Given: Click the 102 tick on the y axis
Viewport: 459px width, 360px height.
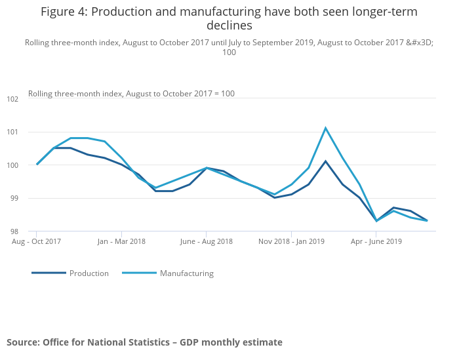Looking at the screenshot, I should tap(12, 99).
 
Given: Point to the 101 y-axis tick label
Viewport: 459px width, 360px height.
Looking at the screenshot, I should tap(12, 132).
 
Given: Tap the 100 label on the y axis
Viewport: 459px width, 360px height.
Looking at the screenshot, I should tap(12, 165).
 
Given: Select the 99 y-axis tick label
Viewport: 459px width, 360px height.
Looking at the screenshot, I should tap(14, 198).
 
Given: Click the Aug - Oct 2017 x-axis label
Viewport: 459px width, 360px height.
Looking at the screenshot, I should tap(37, 241).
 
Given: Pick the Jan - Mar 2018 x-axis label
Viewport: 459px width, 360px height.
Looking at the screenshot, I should tap(121, 241).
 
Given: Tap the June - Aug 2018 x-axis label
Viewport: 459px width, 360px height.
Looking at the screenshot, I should tap(206, 241).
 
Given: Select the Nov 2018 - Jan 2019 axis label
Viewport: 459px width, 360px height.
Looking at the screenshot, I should tap(291, 241).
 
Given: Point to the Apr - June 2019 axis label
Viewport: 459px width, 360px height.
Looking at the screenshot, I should tap(376, 241).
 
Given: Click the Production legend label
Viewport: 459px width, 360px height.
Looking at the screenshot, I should tap(89, 273).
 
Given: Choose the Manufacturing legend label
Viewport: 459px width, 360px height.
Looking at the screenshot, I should tap(187, 273).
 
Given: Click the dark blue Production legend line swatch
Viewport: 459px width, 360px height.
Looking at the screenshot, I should tap(49, 273).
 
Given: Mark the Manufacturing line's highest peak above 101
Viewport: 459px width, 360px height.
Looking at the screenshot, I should tap(325, 128).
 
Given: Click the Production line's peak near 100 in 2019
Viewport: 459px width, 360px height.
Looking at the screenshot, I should tap(325, 161).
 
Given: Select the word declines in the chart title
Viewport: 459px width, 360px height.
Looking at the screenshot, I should tap(229, 26).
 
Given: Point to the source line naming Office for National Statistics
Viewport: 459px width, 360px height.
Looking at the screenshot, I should tap(144, 342).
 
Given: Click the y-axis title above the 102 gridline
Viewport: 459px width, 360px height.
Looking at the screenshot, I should tap(131, 93).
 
